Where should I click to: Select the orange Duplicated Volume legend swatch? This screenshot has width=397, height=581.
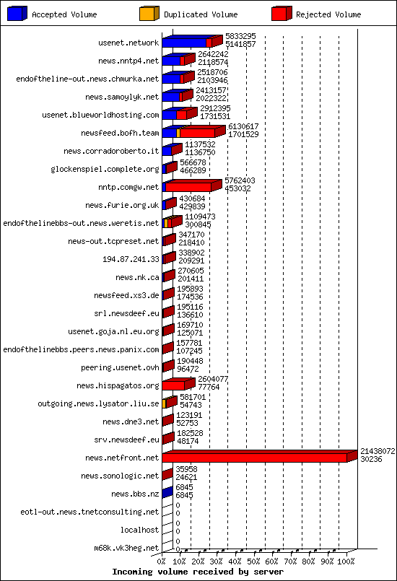pos(148,13)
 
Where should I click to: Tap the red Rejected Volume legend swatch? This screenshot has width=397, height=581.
pos(282,13)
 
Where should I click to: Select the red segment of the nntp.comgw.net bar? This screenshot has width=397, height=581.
pos(189,187)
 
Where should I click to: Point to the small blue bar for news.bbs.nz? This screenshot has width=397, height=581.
pos(167,494)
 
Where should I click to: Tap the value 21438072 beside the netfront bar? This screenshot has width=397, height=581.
pos(378,450)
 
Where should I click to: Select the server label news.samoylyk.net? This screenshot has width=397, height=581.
pos(122,97)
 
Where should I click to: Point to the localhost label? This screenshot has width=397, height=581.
pos(139,530)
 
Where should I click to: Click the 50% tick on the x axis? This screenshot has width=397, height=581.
pos(254,562)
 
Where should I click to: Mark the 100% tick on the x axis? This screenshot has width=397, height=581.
pos(346,562)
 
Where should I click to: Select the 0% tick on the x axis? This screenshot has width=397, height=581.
pos(162,562)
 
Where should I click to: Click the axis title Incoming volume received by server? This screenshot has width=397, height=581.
pos(198,572)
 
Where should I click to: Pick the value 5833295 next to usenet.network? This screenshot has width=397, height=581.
pos(240,36)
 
